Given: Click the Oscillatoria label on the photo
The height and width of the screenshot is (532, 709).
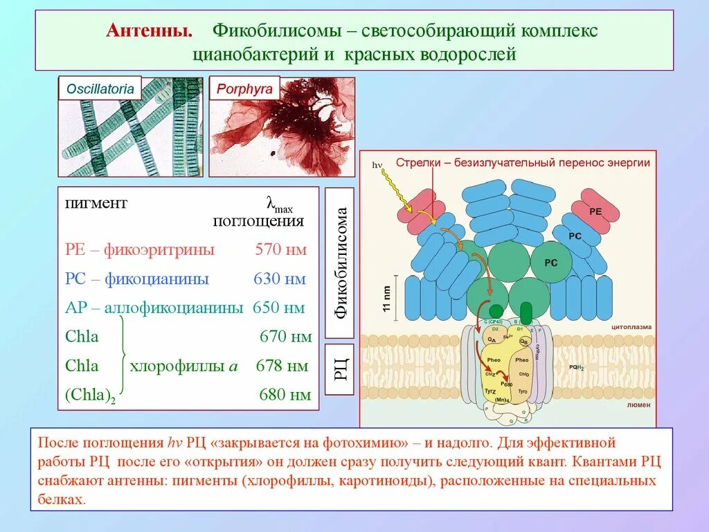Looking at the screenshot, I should click(x=100, y=89).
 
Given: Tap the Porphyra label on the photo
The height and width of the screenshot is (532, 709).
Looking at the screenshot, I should click(x=244, y=89).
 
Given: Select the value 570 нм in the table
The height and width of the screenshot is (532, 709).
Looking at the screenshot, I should click(x=280, y=250).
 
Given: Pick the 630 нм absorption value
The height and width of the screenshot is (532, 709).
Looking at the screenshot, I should click(x=279, y=279).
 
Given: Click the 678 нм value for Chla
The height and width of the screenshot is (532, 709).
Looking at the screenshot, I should click(x=282, y=366).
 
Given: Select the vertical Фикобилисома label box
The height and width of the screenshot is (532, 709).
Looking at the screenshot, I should click(x=339, y=263).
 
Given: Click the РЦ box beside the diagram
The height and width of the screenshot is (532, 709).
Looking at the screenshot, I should click(x=339, y=369).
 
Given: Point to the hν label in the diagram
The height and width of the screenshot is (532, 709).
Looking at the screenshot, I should click(x=377, y=165).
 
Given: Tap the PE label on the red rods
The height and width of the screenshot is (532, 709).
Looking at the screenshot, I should click(x=595, y=211).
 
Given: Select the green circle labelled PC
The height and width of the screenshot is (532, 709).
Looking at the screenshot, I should click(x=551, y=263).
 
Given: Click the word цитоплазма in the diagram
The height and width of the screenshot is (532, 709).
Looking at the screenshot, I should click(x=631, y=326).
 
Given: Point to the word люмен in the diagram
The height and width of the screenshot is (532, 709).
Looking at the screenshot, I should click(x=638, y=405).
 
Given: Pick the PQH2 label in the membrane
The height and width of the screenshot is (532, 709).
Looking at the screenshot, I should click(x=576, y=368).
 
